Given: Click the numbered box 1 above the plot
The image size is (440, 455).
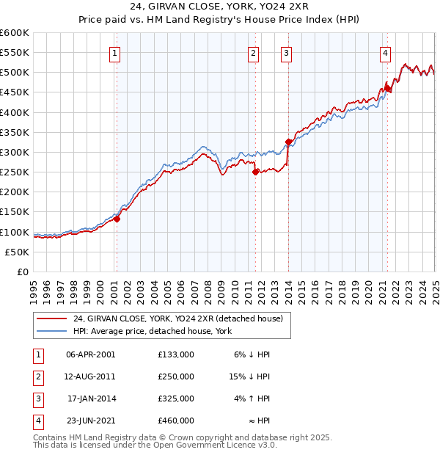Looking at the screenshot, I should pyautogui.click(x=116, y=52).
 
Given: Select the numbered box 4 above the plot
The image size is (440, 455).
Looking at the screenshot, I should pyautogui.click(x=385, y=52).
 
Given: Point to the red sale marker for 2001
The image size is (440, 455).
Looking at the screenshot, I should pyautogui.click(x=117, y=219).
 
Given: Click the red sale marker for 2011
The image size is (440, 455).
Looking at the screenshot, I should pyautogui.click(x=255, y=172).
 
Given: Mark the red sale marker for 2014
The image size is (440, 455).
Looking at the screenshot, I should pyautogui.click(x=288, y=142).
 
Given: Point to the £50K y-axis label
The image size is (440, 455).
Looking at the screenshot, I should pyautogui.click(x=18, y=252).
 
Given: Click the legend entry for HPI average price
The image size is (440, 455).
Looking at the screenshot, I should pyautogui.click(x=152, y=331).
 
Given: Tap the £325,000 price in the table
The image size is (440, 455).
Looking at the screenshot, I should pyautogui.click(x=175, y=399).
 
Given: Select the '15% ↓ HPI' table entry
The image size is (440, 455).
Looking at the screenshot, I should pyautogui.click(x=249, y=376).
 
